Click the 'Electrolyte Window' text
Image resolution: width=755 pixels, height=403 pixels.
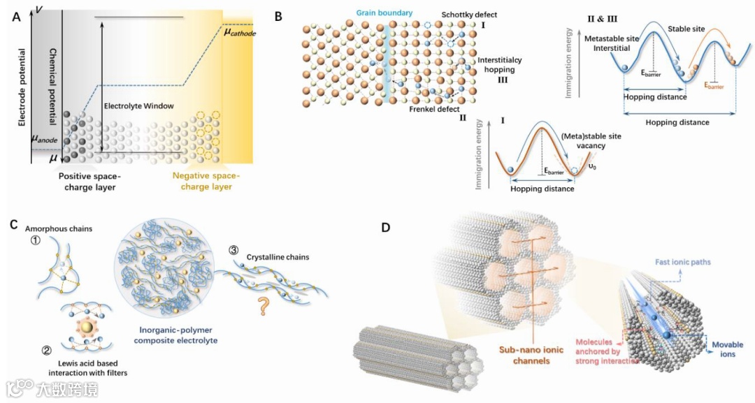(138, 106)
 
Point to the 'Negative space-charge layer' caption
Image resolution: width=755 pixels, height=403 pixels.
(203, 182)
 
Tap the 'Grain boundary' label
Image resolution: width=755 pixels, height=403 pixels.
(384, 13)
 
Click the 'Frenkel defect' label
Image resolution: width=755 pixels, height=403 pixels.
(434, 110)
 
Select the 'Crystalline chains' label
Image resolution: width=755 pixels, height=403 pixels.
(278, 258)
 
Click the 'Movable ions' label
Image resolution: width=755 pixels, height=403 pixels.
(727, 350)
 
